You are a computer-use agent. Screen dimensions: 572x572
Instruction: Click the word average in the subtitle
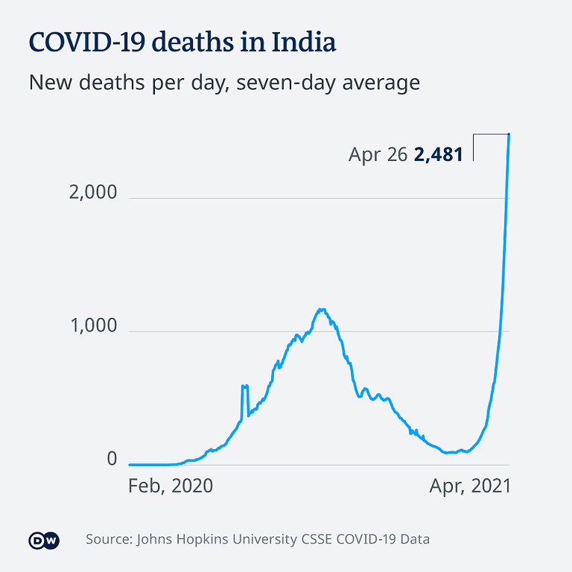381,83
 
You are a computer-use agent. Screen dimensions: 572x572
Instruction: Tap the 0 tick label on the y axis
112,460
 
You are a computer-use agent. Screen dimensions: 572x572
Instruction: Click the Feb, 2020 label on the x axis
171,486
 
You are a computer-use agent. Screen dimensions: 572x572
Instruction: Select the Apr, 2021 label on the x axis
470,486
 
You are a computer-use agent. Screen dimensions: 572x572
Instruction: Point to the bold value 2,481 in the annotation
439,155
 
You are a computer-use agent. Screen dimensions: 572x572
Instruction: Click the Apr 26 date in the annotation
378,155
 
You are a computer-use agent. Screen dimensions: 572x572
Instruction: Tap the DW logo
43,540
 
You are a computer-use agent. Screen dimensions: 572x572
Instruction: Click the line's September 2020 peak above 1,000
322,309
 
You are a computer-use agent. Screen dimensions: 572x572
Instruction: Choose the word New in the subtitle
49,83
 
